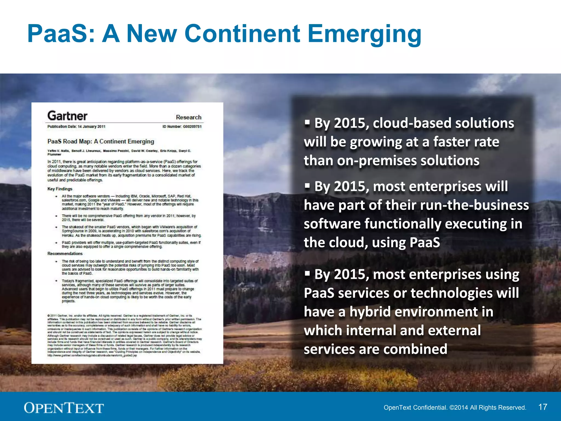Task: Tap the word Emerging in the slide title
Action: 364,34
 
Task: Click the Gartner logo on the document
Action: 67,116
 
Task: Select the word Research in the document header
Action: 188,117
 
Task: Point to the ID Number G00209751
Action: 182,127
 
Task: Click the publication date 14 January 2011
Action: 91,127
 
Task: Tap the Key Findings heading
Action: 60,189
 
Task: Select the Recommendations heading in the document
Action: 65,254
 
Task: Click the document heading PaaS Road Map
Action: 101,141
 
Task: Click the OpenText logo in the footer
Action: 64,408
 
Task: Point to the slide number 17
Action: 543,407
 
